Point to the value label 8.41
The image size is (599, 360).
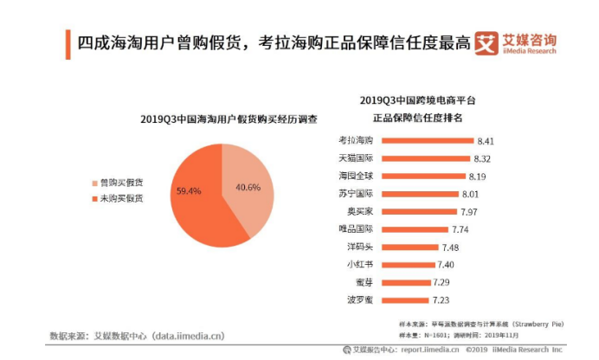point(485,140)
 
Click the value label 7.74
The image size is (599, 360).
point(461,229)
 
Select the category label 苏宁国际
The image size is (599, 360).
point(355,194)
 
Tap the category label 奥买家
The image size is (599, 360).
point(358,212)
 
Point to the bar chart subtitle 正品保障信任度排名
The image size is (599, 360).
point(417,117)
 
